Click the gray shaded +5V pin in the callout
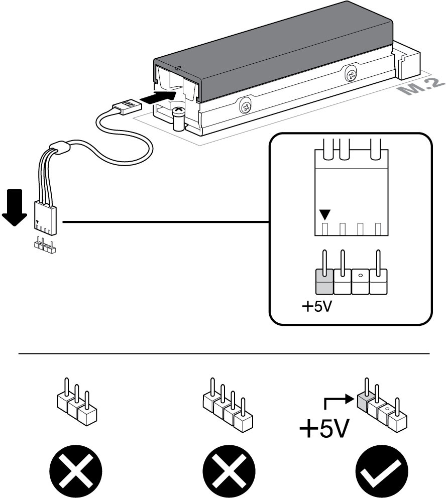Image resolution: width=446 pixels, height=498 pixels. (324, 282)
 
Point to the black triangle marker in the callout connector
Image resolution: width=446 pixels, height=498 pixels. (325, 215)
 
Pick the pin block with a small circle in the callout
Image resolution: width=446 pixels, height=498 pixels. (360, 282)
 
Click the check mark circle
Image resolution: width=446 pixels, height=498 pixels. (378, 469)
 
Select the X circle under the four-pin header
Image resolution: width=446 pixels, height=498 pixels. (226, 469)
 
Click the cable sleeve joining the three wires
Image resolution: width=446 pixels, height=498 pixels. (61, 149)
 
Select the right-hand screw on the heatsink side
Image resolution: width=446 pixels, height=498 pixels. (351, 75)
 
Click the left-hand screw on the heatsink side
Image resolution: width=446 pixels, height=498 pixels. (246, 106)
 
